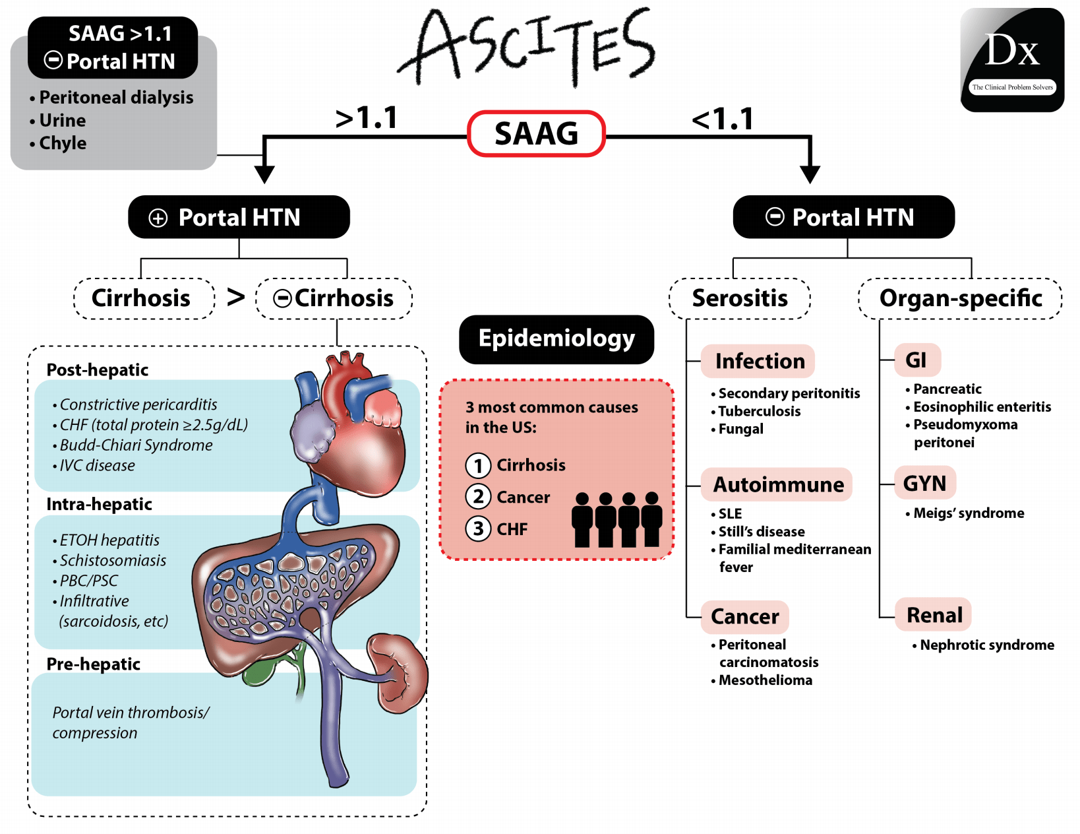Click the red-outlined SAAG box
536,133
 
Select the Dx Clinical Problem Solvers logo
1012,60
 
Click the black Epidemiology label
556,339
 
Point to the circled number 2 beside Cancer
478,496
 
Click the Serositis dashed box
739,298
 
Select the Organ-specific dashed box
960,298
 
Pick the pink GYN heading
924,483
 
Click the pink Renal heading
934,615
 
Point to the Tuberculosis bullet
759,411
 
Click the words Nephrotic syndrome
986,645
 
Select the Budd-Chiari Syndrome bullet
136,445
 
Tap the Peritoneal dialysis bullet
115,98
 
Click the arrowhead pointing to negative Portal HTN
810,174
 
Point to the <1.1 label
723,119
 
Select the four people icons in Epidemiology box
616,520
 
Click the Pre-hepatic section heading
93,664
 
